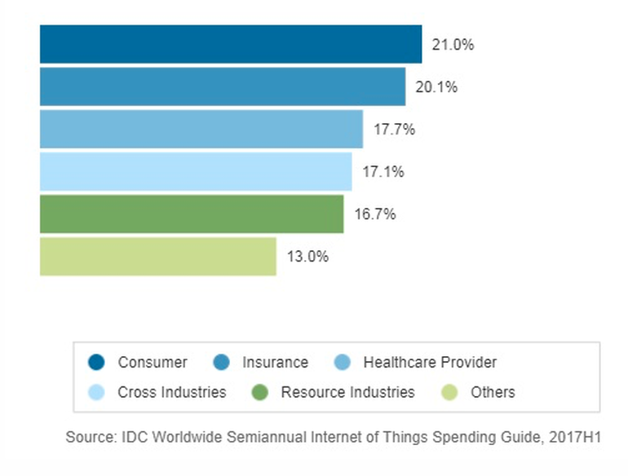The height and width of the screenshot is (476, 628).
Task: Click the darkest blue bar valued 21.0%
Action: (231, 44)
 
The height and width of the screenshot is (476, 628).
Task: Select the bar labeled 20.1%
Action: (223, 86)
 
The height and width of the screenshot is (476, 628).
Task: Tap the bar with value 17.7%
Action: (201, 129)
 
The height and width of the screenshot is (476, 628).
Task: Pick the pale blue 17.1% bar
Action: (196, 171)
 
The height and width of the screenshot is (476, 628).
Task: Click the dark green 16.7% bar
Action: (192, 214)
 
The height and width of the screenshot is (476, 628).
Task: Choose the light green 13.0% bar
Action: (158, 256)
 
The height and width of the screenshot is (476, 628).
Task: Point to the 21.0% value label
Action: (453, 45)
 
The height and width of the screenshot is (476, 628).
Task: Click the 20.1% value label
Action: (436, 87)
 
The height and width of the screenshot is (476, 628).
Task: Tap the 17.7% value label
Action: (394, 130)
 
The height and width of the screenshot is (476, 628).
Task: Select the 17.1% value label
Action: (383, 172)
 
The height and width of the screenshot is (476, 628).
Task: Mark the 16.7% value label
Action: (375, 214)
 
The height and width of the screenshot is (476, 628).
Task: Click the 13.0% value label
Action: (307, 257)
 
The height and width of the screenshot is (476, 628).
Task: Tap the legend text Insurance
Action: (275, 363)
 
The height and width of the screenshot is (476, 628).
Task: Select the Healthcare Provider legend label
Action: (430, 363)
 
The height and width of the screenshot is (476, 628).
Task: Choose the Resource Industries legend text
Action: (347, 393)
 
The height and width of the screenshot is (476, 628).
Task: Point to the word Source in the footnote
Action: (87, 438)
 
